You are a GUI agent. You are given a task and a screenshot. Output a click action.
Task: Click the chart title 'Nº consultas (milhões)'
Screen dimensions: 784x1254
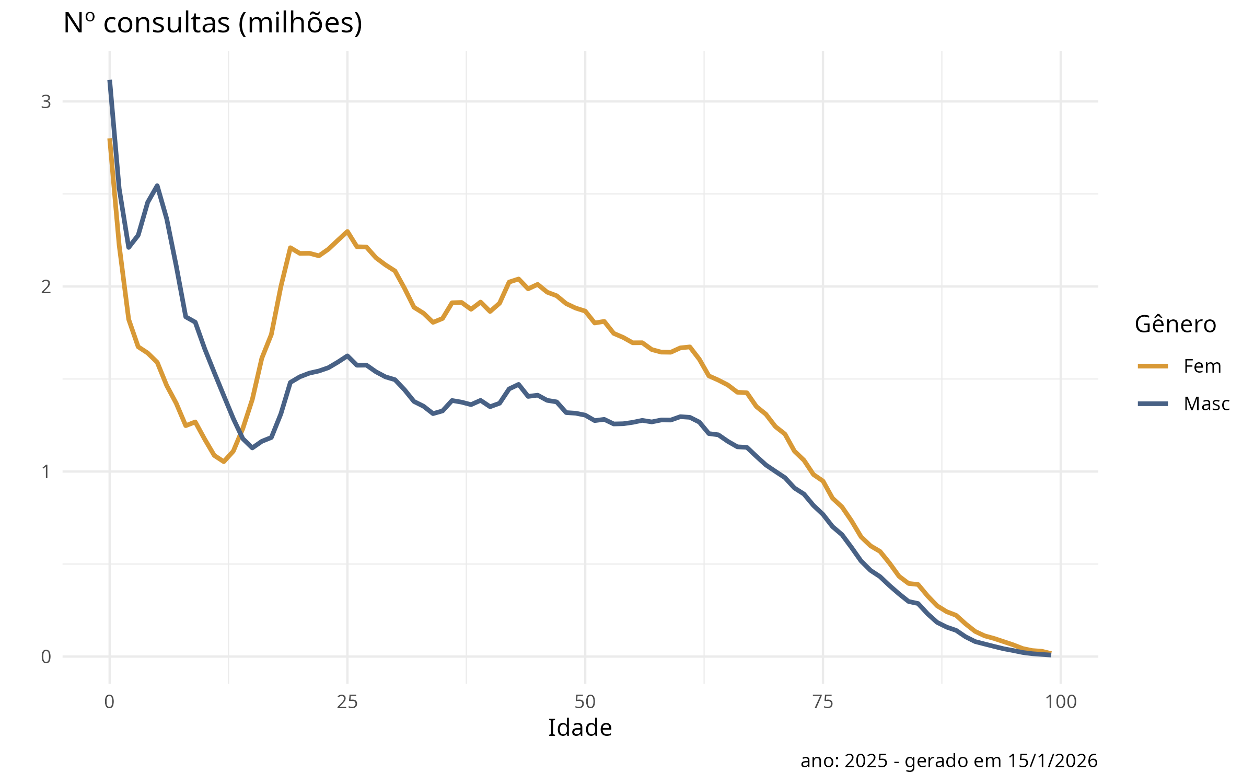coord(213,24)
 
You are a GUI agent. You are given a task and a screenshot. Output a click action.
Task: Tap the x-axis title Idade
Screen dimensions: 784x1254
coord(579,728)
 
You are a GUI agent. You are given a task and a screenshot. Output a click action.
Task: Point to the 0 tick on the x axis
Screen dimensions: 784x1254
coord(109,701)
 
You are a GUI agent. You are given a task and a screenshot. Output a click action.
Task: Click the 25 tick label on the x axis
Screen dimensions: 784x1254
coord(347,701)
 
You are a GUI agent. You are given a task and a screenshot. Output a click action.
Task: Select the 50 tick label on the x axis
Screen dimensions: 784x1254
coord(585,701)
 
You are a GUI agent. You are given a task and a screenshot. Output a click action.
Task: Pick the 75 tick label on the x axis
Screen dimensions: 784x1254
coord(823,701)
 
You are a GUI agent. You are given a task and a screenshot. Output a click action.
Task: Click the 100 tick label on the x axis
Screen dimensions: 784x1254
coord(1061,701)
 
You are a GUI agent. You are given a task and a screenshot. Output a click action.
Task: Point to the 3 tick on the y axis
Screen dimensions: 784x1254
coord(46,101)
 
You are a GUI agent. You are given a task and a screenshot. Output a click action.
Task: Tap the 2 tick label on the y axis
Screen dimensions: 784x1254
coord(46,286)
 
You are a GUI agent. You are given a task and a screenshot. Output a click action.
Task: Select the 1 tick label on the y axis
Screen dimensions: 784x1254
coord(46,471)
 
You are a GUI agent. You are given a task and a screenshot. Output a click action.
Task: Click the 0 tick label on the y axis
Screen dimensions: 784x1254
coord(46,656)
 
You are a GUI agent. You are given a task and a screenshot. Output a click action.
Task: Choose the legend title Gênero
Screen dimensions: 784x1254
coord(1175,325)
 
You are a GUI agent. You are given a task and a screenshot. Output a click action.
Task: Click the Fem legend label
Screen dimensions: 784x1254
coord(1202,366)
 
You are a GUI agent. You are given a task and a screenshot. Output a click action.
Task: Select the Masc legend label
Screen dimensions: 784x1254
coord(1206,403)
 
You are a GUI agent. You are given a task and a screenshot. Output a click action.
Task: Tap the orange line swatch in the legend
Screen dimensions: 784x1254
coord(1153,366)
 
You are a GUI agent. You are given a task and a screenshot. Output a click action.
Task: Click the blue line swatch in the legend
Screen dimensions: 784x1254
coord(1153,403)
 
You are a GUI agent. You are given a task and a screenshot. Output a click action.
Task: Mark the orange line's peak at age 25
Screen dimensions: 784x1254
coord(347,231)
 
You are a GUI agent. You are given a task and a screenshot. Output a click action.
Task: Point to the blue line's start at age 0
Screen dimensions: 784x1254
coord(110,82)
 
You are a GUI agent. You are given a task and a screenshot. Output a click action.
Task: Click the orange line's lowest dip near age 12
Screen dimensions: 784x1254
coord(224,462)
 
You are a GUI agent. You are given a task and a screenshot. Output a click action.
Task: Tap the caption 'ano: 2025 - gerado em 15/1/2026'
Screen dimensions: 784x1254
coord(949,760)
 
